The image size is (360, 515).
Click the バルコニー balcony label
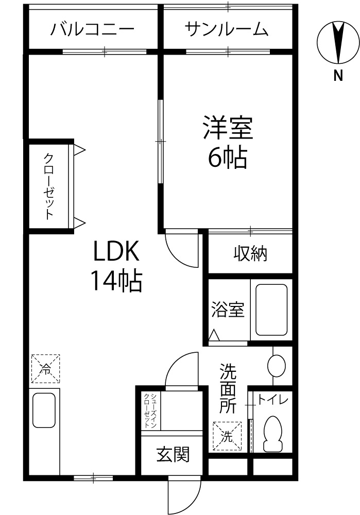[x=92, y=29]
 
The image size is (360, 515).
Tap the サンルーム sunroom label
[x=227, y=29]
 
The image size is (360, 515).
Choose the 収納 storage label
[x=250, y=253]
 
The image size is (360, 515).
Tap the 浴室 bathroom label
[x=228, y=309]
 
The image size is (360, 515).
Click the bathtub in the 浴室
[x=271, y=310]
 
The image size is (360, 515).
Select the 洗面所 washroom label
[x=228, y=388]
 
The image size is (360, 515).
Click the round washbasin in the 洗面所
[x=276, y=365]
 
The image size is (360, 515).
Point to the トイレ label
[x=272, y=400]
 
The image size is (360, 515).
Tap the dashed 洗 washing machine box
[x=227, y=436]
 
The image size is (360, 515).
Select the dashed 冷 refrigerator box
[x=46, y=369]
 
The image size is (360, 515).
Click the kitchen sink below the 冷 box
[x=44, y=410]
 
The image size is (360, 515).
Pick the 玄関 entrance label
[x=173, y=455]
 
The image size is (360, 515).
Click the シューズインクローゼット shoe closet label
[x=150, y=410]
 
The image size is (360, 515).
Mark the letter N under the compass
[x=338, y=76]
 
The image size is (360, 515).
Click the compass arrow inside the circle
[x=338, y=43]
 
